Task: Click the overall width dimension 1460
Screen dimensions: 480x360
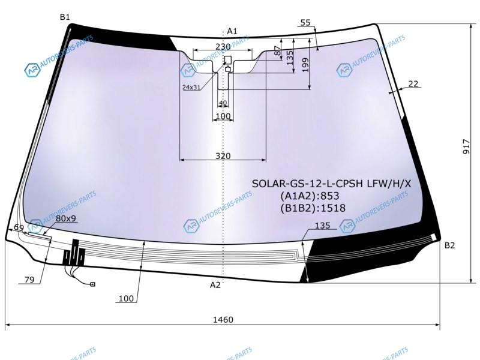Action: (x=223, y=320)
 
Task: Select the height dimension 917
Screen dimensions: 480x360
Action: (x=466, y=146)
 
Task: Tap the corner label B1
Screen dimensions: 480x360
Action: (x=65, y=17)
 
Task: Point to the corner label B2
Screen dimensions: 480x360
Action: (x=449, y=245)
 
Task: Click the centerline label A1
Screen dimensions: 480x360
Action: (x=232, y=31)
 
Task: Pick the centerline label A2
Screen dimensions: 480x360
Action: (x=215, y=285)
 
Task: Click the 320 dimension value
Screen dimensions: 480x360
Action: (x=223, y=156)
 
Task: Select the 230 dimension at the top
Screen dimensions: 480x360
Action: (x=223, y=47)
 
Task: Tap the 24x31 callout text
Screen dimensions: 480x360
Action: (x=191, y=87)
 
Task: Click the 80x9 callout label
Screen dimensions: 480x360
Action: (x=66, y=218)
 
